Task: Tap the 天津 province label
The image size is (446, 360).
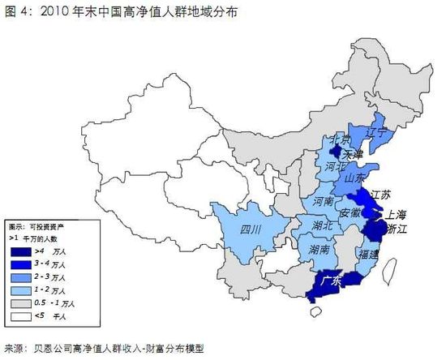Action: [354, 153]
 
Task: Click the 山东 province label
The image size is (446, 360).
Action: [356, 178]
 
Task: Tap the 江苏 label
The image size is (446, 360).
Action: [381, 195]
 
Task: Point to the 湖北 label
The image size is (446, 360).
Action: [322, 225]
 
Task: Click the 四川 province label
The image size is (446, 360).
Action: [252, 230]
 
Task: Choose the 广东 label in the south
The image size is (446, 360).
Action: [332, 281]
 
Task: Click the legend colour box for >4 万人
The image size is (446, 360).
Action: [21, 253]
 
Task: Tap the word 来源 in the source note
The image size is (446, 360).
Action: [14, 349]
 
